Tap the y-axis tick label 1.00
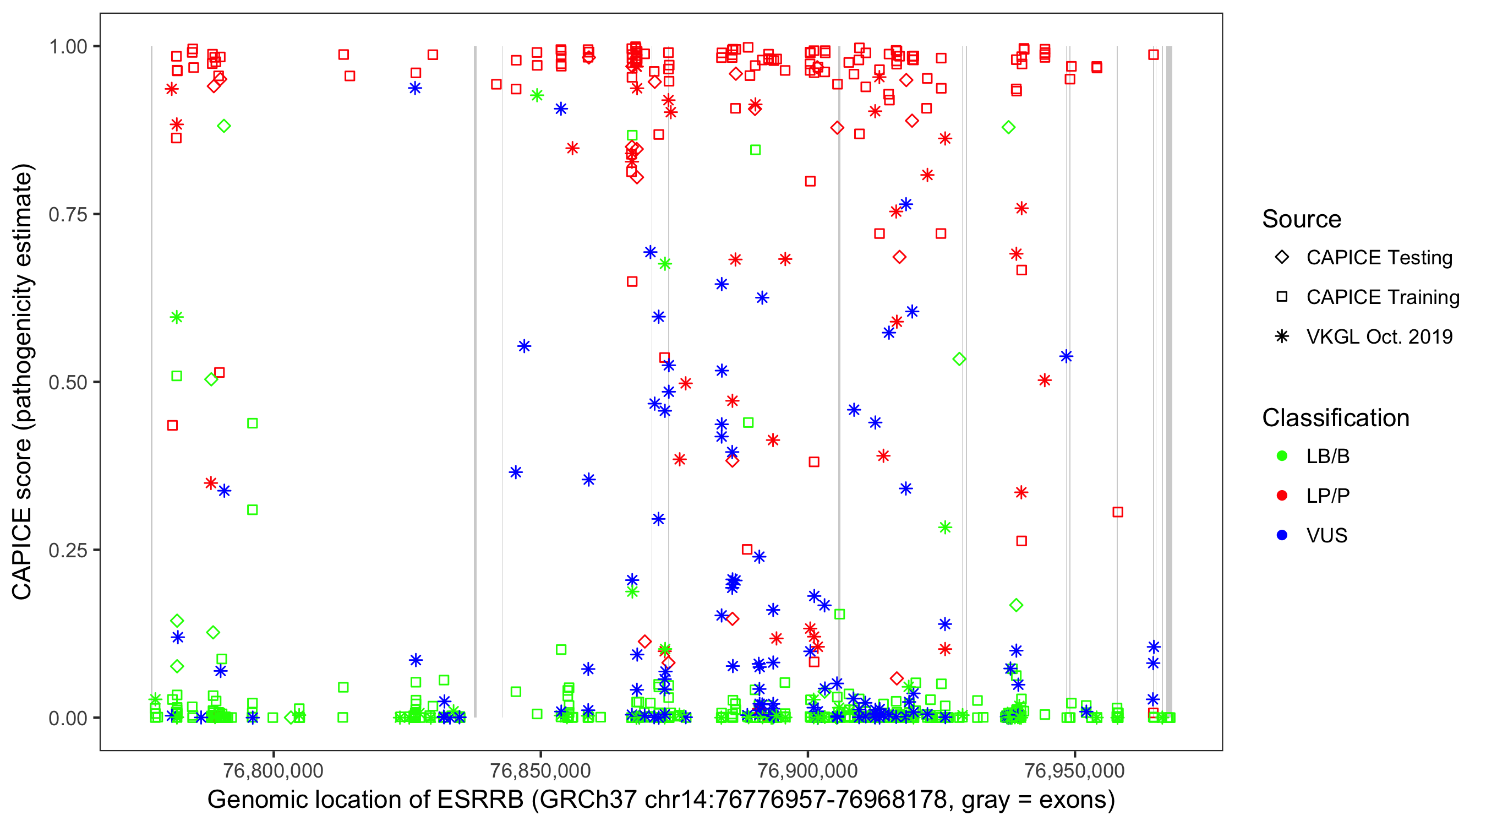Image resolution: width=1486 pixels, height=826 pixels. coord(68,47)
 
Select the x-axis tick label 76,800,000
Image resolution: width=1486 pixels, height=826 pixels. coord(273,770)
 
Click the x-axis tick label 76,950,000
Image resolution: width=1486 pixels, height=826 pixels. coord(1074,770)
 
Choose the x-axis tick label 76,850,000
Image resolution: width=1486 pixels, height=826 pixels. coord(540,770)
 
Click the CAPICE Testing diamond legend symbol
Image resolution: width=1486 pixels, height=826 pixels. coord(1282,258)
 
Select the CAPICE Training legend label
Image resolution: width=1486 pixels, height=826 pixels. coord(1383,297)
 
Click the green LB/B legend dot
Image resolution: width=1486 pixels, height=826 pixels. coord(1282,457)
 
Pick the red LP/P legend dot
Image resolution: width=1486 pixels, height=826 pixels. coord(1282,496)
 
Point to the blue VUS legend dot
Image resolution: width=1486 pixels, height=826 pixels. coord(1282,536)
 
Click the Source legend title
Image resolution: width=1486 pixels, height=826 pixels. coord(1302,219)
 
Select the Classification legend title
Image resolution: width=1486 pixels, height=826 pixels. coord(1335,418)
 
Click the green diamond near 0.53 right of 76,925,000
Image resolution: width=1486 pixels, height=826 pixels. coord(959,360)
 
